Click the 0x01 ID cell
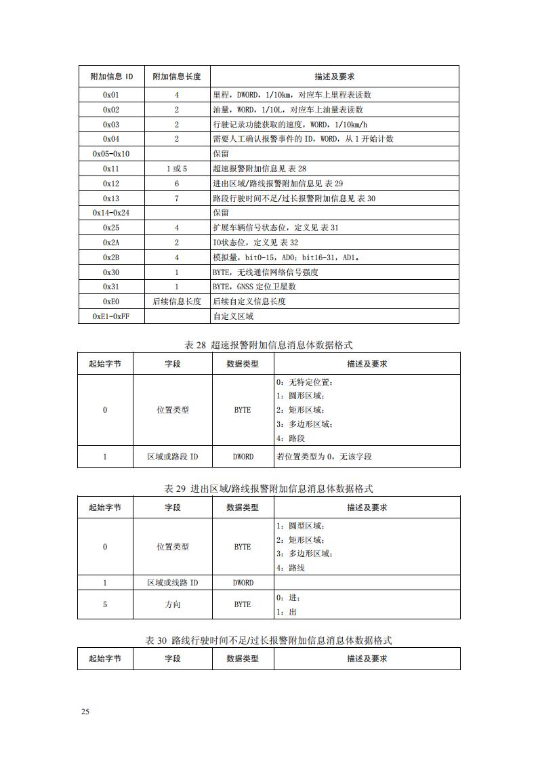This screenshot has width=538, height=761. (111, 95)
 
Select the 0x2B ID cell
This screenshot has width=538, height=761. (111, 258)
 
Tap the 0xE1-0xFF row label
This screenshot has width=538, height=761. (111, 316)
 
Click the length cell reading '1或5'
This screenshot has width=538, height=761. (176, 169)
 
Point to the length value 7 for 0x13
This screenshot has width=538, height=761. (176, 199)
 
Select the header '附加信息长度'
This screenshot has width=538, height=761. (176, 76)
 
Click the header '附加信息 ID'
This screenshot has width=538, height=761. (111, 76)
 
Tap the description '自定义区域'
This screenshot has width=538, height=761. (233, 316)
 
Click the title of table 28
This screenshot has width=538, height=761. (269, 346)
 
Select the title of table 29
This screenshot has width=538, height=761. (269, 489)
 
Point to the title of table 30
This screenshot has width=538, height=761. (269, 640)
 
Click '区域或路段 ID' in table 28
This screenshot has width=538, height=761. (173, 457)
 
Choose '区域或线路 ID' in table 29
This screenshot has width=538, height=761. (173, 583)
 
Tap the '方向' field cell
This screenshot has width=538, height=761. (173, 604)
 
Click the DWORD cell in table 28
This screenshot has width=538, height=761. (243, 457)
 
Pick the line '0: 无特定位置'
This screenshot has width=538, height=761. (305, 382)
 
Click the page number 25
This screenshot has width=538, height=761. (85, 712)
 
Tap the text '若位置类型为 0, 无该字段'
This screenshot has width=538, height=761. (324, 457)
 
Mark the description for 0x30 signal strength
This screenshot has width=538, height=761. (265, 272)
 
